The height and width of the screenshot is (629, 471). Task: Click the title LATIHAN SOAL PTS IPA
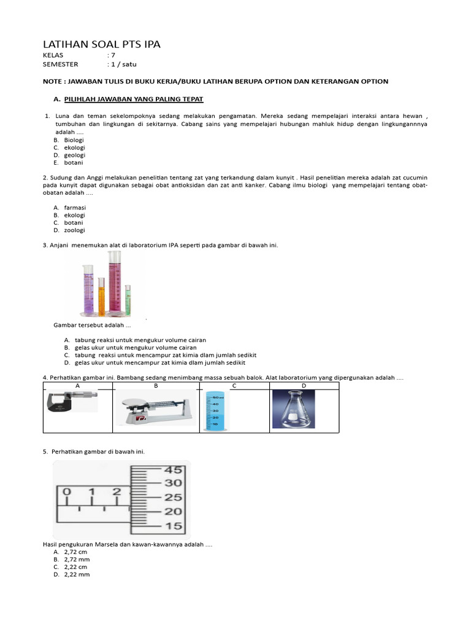101,44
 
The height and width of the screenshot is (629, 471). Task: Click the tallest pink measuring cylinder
115,283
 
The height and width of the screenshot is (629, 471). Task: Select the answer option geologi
74,155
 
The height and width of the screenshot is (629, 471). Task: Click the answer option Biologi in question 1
74,140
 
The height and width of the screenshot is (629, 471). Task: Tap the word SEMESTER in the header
60,63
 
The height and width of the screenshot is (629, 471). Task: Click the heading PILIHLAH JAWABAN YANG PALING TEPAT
133,99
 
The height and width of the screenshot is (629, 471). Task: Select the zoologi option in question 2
75,230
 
